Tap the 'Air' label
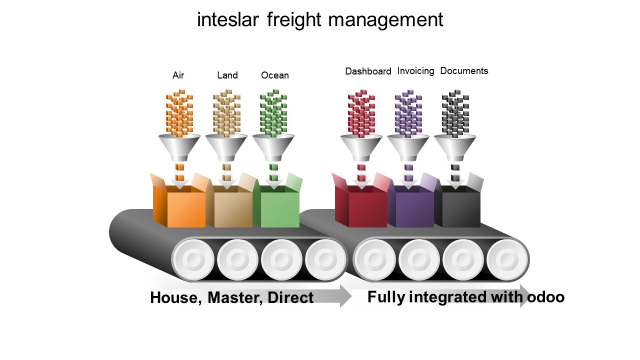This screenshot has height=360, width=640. point(178,75)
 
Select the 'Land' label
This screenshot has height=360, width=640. point(227,75)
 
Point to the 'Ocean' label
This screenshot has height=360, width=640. point(275,75)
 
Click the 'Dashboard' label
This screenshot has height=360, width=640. point(368,71)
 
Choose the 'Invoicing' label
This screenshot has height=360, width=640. point(415,71)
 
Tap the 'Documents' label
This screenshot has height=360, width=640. point(464,71)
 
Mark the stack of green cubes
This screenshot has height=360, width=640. point(273,113)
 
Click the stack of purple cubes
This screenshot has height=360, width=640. point(408,113)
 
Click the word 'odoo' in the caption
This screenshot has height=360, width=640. point(545,297)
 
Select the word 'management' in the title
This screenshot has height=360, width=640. point(385,20)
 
